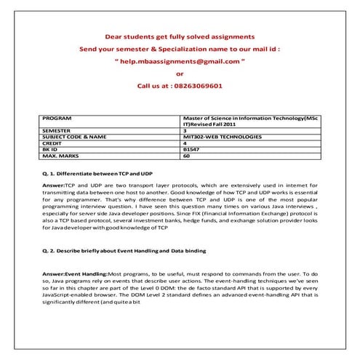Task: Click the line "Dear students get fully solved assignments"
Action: pos(180,36)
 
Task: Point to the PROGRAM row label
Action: pos(58,116)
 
